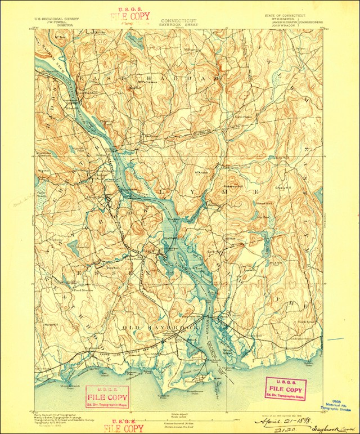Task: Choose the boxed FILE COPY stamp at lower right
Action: [285, 388]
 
